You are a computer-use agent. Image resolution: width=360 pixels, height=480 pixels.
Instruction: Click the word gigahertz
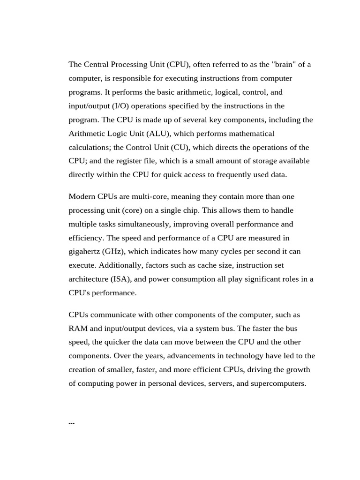pyautogui.click(x=85, y=252)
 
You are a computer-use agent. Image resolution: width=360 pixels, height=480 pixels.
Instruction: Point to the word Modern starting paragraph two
pyautogui.click(x=82, y=196)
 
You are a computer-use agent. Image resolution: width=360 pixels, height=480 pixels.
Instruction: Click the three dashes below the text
pyautogui.click(x=72, y=423)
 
